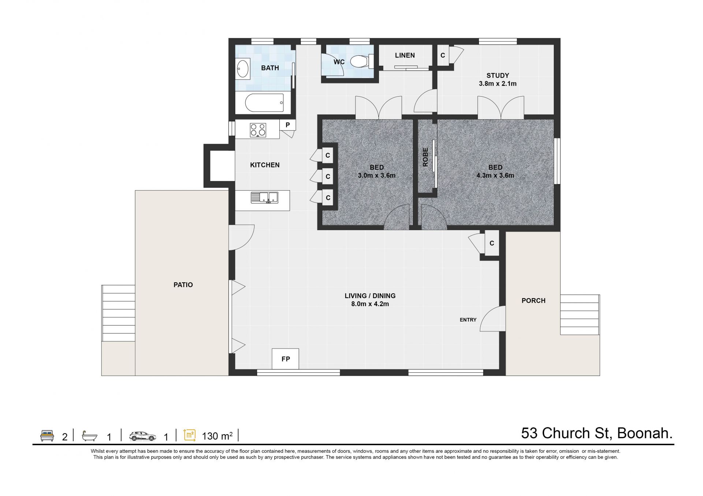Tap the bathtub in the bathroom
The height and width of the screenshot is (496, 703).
click(264, 103)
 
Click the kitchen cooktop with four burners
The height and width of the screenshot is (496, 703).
click(258, 130)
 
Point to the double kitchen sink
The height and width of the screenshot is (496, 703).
click(264, 198)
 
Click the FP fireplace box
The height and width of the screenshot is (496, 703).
click(286, 359)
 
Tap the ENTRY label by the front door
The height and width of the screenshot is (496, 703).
click(468, 320)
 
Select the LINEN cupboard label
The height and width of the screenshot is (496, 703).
click(405, 55)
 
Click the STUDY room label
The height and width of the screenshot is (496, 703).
click(498, 75)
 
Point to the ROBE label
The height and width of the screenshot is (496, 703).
click(425, 157)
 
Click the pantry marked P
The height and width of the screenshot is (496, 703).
click(288, 125)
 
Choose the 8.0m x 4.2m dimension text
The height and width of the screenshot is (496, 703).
click(370, 304)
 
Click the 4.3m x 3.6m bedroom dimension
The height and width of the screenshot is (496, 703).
click(495, 176)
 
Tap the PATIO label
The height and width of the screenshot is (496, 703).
click(183, 285)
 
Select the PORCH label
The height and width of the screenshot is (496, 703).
click(533, 301)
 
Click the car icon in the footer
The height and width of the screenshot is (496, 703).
click(142, 436)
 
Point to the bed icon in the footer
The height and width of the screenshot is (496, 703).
click(47, 436)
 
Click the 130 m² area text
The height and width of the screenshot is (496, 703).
click(217, 436)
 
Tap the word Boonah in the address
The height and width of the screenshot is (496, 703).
click(645, 433)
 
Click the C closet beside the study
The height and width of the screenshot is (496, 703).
click(443, 55)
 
